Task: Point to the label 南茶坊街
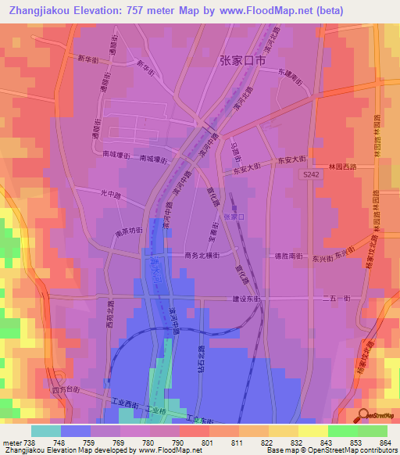[x=129, y=231]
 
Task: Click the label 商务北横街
[x=202, y=255]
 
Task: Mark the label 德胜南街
[x=287, y=256]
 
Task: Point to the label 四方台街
[x=65, y=389]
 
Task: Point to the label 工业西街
[x=125, y=403]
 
